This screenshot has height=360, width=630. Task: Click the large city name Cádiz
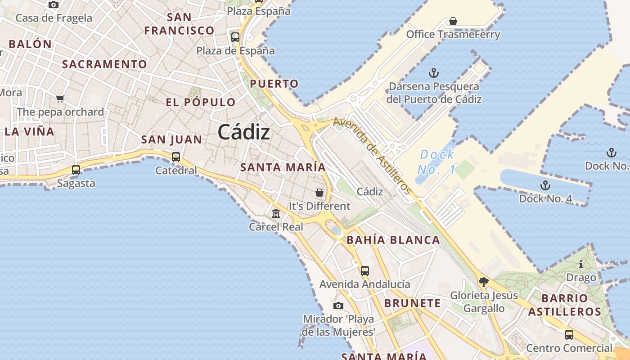(x=244, y=132)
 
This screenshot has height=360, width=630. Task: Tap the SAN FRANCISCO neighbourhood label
(x=179, y=24)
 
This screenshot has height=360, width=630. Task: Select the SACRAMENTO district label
(x=104, y=64)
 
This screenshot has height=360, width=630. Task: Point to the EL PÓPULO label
(x=201, y=102)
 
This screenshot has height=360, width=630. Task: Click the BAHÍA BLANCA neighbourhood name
(x=393, y=240)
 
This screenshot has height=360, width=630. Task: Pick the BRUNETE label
(x=412, y=303)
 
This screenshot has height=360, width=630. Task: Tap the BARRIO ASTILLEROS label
(x=565, y=305)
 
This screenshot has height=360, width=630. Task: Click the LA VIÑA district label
(x=30, y=132)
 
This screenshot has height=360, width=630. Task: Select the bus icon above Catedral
(x=175, y=157)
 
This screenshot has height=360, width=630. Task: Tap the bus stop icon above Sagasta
(x=76, y=170)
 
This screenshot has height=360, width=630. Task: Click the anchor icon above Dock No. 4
(x=545, y=185)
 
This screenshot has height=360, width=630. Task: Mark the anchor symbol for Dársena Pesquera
(x=434, y=73)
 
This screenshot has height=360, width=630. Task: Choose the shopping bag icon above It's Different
(x=319, y=193)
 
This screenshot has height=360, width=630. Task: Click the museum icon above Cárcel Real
(x=276, y=213)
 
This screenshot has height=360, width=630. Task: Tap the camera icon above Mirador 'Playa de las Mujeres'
(x=338, y=306)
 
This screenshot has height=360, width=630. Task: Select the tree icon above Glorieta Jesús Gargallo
(x=484, y=282)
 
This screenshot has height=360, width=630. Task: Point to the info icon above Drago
(x=581, y=264)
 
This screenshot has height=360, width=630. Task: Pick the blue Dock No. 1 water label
(x=436, y=162)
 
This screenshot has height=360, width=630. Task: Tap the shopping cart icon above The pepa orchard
(x=60, y=99)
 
